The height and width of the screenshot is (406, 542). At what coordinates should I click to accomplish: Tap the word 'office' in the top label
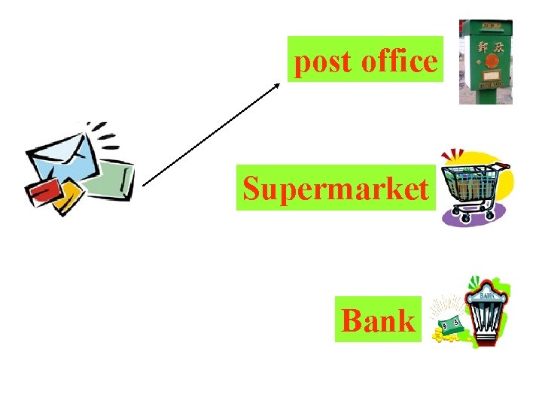398,61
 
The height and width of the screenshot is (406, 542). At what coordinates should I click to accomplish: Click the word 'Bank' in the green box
378,321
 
